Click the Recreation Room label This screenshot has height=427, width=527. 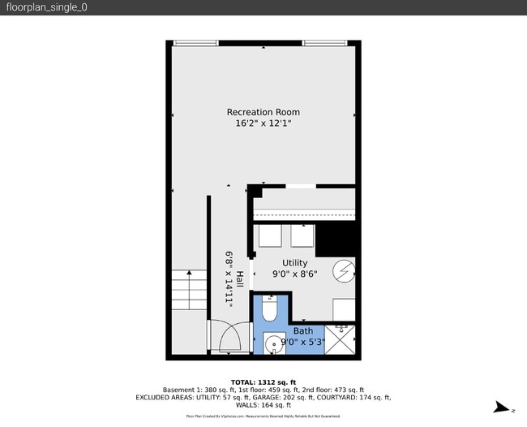(263, 112)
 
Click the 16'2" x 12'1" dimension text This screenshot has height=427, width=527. (263, 123)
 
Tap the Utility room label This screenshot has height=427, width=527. (294, 263)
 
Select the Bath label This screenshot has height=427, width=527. (302, 331)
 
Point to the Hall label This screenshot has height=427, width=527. (240, 278)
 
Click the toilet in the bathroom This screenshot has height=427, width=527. (272, 309)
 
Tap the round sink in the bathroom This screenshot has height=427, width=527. (274, 344)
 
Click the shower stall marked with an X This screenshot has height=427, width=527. (340, 340)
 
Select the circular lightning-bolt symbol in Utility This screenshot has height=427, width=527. (345, 270)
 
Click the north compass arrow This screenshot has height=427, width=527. (503, 408)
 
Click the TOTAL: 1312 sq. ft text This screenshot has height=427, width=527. (263, 382)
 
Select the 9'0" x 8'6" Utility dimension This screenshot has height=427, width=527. (294, 274)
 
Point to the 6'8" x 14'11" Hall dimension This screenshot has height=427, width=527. (230, 278)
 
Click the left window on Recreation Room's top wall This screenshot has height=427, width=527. (195, 42)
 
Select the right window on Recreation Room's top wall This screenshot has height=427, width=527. (326, 42)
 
